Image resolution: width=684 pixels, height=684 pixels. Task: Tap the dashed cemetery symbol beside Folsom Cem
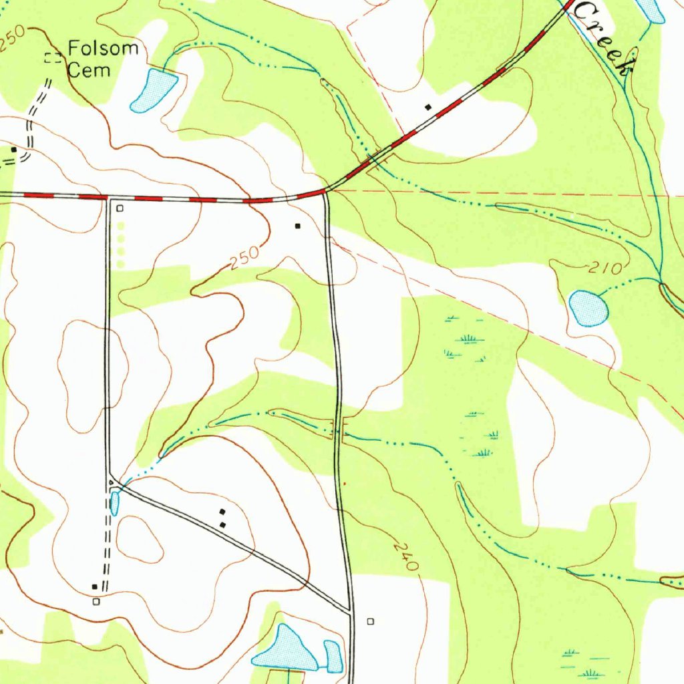coord(52,57)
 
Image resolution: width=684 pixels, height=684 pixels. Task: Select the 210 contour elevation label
coord(605,269)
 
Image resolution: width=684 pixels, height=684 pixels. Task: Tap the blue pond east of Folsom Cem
coord(155,89)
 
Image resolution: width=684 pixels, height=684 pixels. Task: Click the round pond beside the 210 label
coord(588,308)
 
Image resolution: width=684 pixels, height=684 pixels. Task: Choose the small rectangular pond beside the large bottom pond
coord(333,656)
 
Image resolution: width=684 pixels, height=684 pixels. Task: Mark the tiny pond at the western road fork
coord(115,502)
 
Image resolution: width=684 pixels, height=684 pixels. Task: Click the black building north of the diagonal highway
coord(428,106)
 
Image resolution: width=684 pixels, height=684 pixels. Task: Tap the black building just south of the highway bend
coord(298,226)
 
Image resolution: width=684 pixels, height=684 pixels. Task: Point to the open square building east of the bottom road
coord(371,621)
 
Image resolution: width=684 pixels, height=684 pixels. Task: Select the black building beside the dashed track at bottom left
coord(94,586)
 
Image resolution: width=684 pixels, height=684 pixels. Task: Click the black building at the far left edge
coord(13,150)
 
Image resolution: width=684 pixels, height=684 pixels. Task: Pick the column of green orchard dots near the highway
coord(120,245)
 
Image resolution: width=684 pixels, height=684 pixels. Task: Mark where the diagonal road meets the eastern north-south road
coord(349,610)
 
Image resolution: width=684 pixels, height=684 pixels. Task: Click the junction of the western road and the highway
coord(108,198)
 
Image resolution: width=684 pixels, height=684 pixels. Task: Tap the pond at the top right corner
coord(651,10)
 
